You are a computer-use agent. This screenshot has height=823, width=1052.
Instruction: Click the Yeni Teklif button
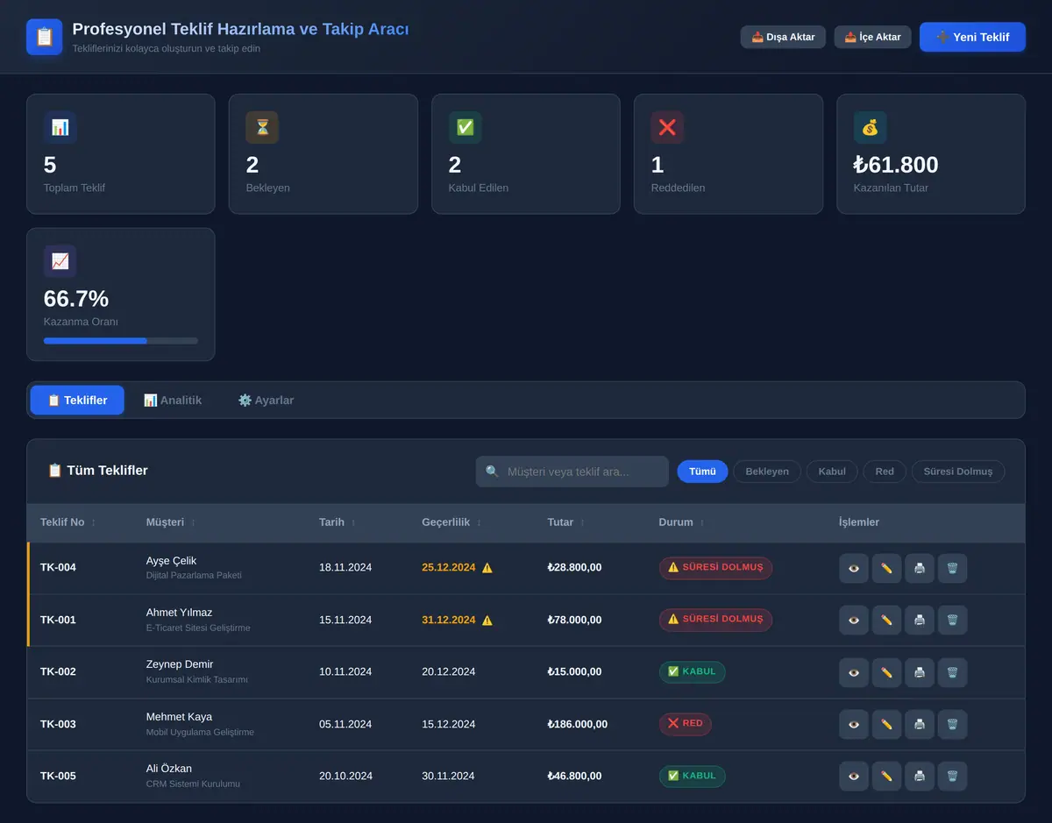[972, 37]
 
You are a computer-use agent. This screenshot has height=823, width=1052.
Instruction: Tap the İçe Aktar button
[872, 37]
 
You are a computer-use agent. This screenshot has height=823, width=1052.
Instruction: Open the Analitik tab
[173, 401]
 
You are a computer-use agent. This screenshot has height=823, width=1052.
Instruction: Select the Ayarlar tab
[266, 401]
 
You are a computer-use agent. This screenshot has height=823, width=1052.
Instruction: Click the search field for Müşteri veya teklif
[572, 472]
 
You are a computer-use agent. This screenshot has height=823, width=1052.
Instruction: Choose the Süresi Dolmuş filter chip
[957, 472]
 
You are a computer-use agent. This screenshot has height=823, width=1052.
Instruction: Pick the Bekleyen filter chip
[767, 472]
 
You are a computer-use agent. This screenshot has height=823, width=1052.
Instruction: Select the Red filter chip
[885, 472]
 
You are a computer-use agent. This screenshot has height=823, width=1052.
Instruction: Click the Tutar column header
[560, 522]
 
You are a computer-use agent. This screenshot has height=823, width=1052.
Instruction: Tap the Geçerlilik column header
[445, 522]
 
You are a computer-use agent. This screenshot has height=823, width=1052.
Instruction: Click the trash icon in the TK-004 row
[952, 568]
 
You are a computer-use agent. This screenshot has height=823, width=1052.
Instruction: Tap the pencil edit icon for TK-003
[886, 724]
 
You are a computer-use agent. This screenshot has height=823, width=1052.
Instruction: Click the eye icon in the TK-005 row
[854, 776]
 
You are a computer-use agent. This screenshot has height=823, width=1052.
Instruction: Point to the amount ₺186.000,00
[577, 724]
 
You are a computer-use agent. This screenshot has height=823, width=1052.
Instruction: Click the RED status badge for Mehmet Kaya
[685, 723]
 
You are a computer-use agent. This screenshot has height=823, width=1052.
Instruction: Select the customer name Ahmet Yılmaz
[179, 613]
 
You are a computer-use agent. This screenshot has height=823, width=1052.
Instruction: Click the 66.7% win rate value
[76, 299]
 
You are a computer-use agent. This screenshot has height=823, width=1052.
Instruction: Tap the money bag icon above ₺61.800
[870, 128]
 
